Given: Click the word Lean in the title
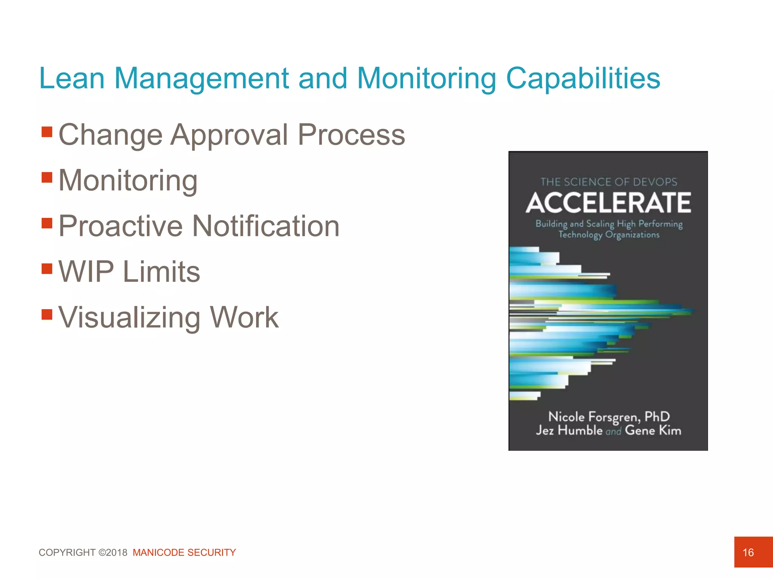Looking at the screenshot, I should click(72, 78).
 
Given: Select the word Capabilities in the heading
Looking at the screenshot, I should click(583, 78).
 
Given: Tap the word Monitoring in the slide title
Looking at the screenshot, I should click(426, 78).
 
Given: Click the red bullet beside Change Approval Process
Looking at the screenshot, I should click(47, 132).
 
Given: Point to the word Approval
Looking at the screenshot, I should click(229, 135).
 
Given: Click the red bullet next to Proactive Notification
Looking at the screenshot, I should click(47, 223).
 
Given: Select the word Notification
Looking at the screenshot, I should click(266, 226).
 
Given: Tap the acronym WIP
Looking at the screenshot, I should click(86, 272).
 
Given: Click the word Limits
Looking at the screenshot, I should click(162, 272).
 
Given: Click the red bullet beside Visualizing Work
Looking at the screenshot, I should click(47, 314).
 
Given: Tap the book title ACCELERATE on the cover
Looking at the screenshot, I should click(608, 203).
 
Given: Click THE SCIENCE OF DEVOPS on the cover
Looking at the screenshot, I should click(608, 182).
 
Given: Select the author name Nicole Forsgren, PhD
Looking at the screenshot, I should click(608, 417).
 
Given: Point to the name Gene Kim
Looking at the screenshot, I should click(653, 430).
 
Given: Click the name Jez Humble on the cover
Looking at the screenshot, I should click(569, 430).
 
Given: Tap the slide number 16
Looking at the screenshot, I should click(748, 552).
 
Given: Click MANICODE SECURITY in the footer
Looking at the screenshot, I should click(184, 552).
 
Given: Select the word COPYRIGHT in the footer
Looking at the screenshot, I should click(67, 552).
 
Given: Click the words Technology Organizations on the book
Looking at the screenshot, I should click(608, 235).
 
